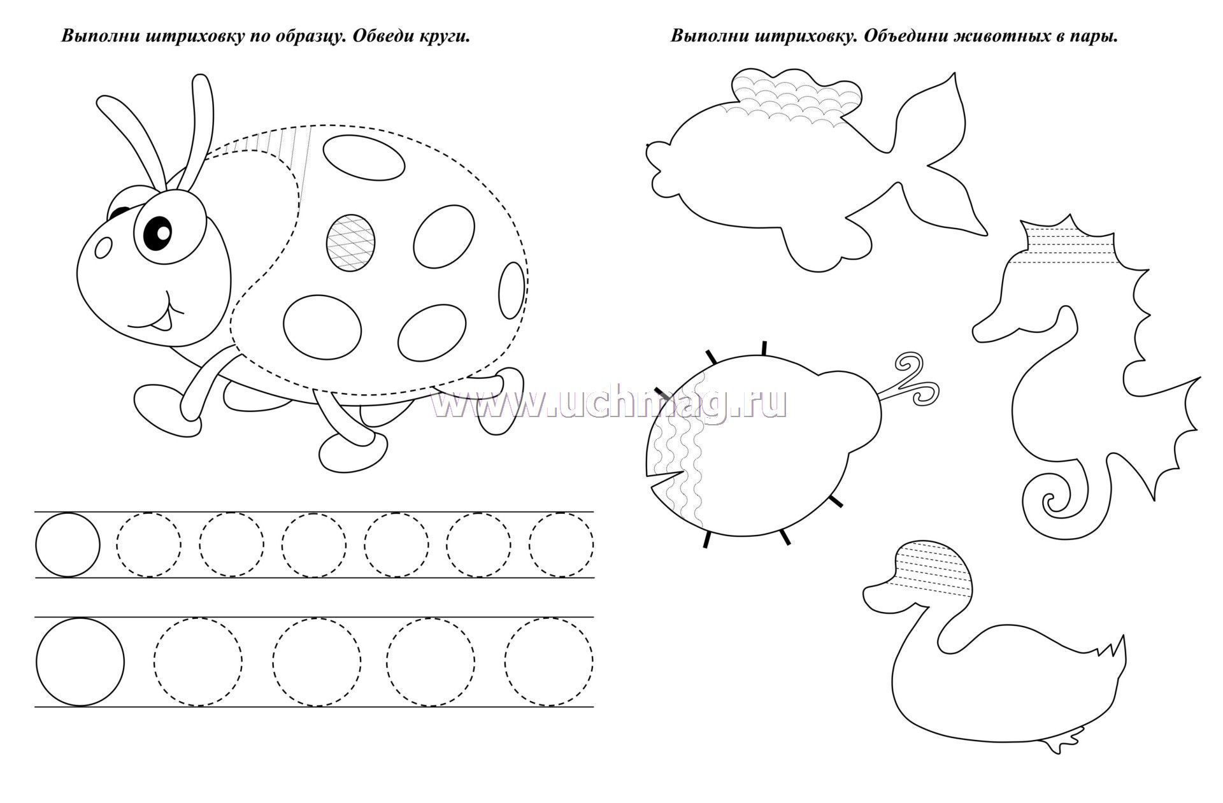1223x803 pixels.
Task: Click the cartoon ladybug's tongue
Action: point(164,325)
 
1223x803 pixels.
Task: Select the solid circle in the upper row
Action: point(68,544)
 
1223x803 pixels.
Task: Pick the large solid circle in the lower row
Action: point(80,662)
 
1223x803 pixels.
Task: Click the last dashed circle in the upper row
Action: point(561,544)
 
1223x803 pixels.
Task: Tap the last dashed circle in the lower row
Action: point(549,662)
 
